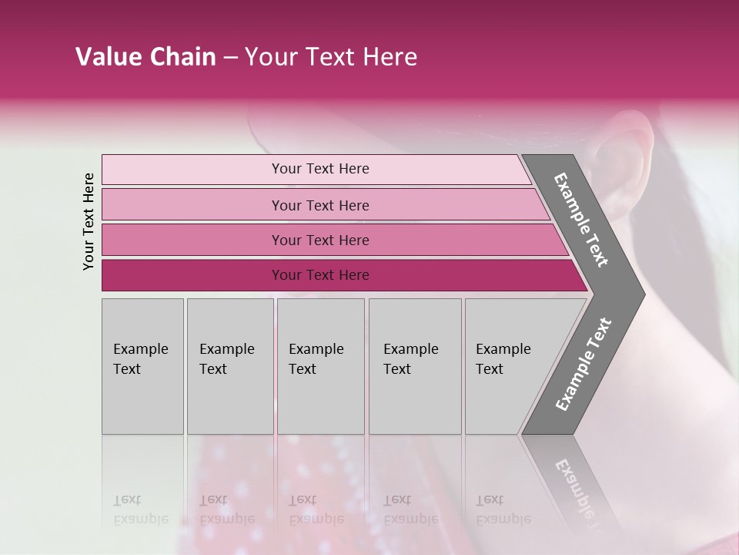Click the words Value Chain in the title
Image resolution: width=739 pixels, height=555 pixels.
[x=145, y=57]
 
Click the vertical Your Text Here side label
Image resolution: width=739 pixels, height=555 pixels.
[x=89, y=221]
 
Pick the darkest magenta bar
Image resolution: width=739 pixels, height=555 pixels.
[x=192, y=275]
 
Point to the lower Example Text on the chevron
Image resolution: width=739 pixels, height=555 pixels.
[x=583, y=365]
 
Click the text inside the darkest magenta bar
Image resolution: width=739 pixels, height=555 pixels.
[x=320, y=275]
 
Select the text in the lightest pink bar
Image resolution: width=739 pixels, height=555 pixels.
[x=320, y=169]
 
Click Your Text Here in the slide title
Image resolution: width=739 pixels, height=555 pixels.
[x=331, y=57]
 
